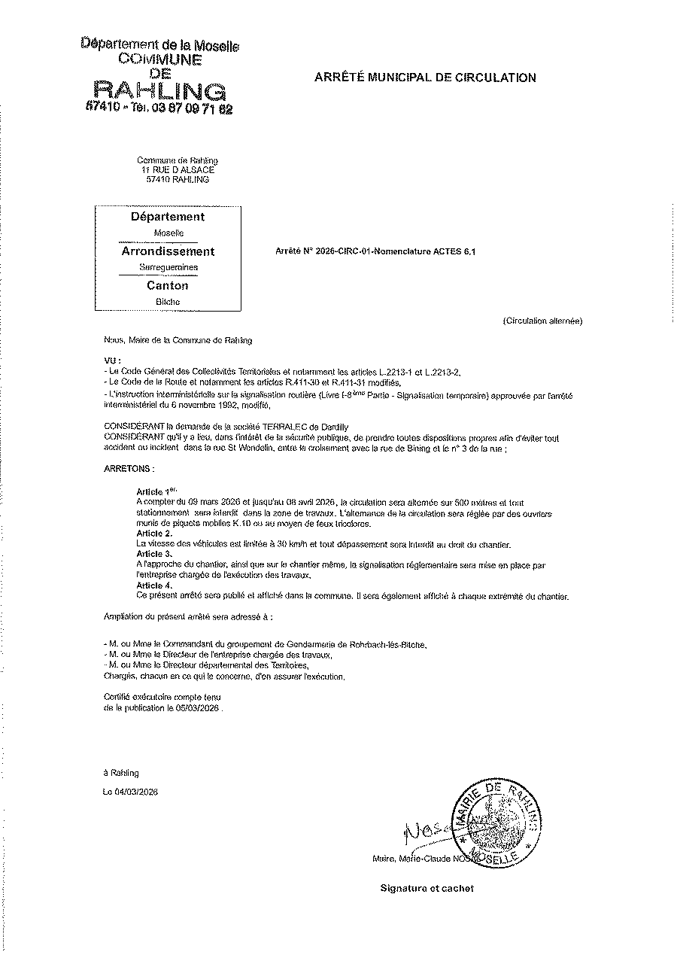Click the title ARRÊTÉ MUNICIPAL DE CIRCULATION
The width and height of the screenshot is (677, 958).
tap(424, 78)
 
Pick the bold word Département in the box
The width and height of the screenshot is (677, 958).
tap(168, 217)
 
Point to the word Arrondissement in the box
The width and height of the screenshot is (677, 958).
tap(168, 251)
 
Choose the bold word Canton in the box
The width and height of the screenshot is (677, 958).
tap(168, 285)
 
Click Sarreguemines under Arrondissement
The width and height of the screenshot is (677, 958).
tap(168, 267)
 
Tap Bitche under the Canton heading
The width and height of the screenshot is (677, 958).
tap(168, 301)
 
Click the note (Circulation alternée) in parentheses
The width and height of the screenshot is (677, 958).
tap(542, 321)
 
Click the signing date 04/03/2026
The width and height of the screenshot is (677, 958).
tap(135, 791)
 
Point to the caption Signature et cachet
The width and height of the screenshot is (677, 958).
tap(427, 889)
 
